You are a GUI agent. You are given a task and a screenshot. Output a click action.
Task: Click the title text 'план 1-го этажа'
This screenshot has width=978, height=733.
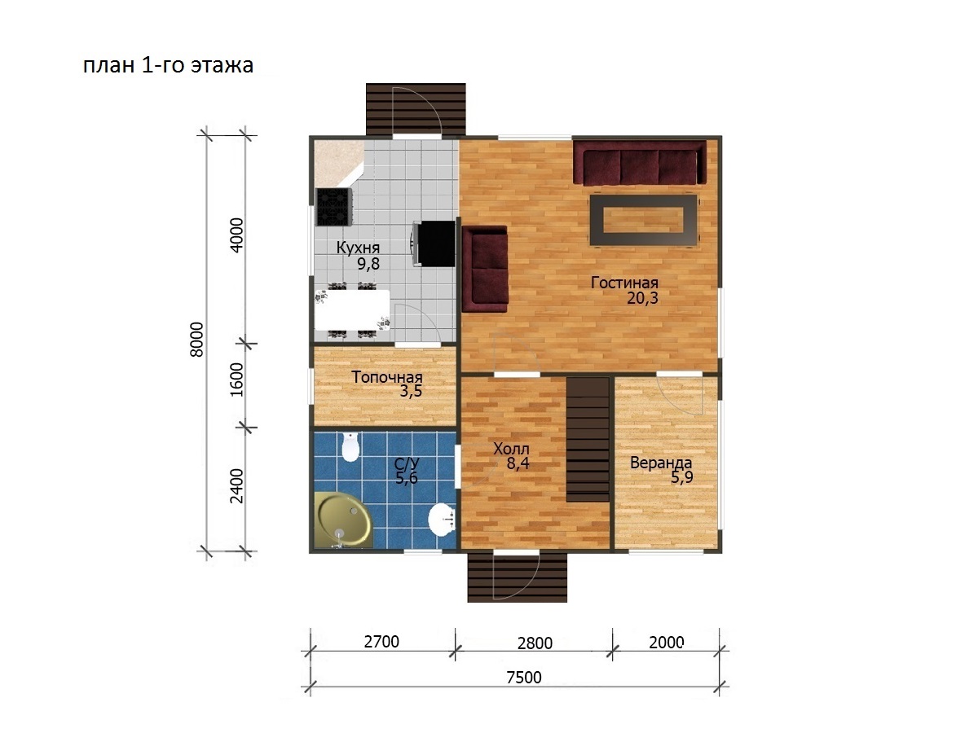click(168, 65)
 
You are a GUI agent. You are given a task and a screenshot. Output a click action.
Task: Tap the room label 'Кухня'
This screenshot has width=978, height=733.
click(358, 248)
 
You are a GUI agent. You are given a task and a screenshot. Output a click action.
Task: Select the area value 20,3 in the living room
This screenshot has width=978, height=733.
click(642, 298)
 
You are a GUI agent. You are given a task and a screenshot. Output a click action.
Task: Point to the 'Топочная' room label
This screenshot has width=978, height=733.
click(387, 377)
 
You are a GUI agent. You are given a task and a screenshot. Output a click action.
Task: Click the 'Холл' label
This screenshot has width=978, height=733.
click(511, 449)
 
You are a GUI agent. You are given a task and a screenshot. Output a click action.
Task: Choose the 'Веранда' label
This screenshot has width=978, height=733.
click(661, 463)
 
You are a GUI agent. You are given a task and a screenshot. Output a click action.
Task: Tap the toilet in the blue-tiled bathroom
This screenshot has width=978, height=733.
click(350, 446)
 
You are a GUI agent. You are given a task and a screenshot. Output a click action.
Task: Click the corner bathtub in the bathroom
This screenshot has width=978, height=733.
click(342, 520)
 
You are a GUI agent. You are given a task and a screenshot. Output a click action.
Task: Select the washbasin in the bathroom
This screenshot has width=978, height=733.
click(442, 519)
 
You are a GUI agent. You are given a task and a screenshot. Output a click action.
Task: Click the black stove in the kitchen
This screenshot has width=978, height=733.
click(333, 207)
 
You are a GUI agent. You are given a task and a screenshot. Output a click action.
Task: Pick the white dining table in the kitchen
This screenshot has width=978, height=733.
click(352, 309)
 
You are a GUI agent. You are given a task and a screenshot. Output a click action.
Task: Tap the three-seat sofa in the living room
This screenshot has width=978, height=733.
click(640, 162)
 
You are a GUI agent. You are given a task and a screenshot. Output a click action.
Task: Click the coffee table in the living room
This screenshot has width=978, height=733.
click(643, 220)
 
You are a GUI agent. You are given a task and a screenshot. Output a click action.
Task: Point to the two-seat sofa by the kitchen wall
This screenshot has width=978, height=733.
click(485, 270)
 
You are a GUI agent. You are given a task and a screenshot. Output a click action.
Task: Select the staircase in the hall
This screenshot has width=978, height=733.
click(588, 440)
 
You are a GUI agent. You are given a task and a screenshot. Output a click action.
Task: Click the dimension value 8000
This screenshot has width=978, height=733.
click(196, 339)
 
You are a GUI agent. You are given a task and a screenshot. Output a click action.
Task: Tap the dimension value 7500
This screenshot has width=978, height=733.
click(524, 677)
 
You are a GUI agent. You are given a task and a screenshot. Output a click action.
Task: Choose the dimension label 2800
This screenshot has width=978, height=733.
click(535, 643)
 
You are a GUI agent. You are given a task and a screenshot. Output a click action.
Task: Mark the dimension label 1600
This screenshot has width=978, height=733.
click(237, 380)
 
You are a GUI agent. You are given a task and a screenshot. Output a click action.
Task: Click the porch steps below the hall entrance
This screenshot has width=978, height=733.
click(517, 577)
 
